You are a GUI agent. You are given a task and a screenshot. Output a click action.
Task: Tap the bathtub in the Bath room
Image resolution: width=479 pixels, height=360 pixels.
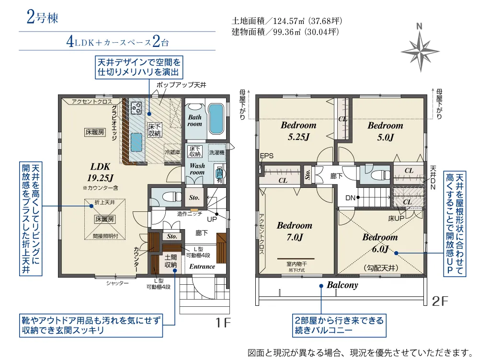pos(217,118)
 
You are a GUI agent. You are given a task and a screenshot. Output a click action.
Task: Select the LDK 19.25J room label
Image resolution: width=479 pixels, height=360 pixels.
pos(100,172)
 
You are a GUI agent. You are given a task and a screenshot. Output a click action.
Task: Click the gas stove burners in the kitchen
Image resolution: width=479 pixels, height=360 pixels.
pos(136,107)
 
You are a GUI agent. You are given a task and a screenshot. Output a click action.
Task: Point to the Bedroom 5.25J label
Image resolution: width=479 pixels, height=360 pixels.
pos(298,131)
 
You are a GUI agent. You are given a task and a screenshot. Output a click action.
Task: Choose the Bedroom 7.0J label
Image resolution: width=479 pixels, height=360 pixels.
pos(295,231)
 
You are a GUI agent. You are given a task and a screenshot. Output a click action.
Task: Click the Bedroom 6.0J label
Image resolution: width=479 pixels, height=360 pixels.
pos(380,243)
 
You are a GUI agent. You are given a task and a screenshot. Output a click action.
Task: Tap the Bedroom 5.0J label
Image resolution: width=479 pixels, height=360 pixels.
pos(385,131)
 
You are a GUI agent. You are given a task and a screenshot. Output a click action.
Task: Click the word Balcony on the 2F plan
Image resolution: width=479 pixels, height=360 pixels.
pos(342,285)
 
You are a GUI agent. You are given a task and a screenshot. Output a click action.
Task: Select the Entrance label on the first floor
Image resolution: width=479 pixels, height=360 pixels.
pos(202,267)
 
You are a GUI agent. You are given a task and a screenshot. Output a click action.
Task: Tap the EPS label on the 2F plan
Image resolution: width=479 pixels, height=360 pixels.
pos(267,156)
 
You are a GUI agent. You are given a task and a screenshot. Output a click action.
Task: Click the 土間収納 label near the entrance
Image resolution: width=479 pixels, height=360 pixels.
pos(171,261)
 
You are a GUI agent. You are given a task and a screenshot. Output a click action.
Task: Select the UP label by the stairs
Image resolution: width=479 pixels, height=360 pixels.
pos(212,220)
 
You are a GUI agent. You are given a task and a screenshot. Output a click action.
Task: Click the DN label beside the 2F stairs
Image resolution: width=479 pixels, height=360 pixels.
pos(350,198)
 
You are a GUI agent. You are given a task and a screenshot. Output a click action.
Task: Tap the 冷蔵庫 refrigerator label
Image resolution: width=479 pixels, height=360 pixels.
pos(172,152)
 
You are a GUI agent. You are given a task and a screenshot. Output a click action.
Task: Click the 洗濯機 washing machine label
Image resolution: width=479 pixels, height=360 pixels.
pos(217,152)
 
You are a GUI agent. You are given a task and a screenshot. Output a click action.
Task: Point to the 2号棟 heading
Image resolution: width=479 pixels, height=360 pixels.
pos(42,17)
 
